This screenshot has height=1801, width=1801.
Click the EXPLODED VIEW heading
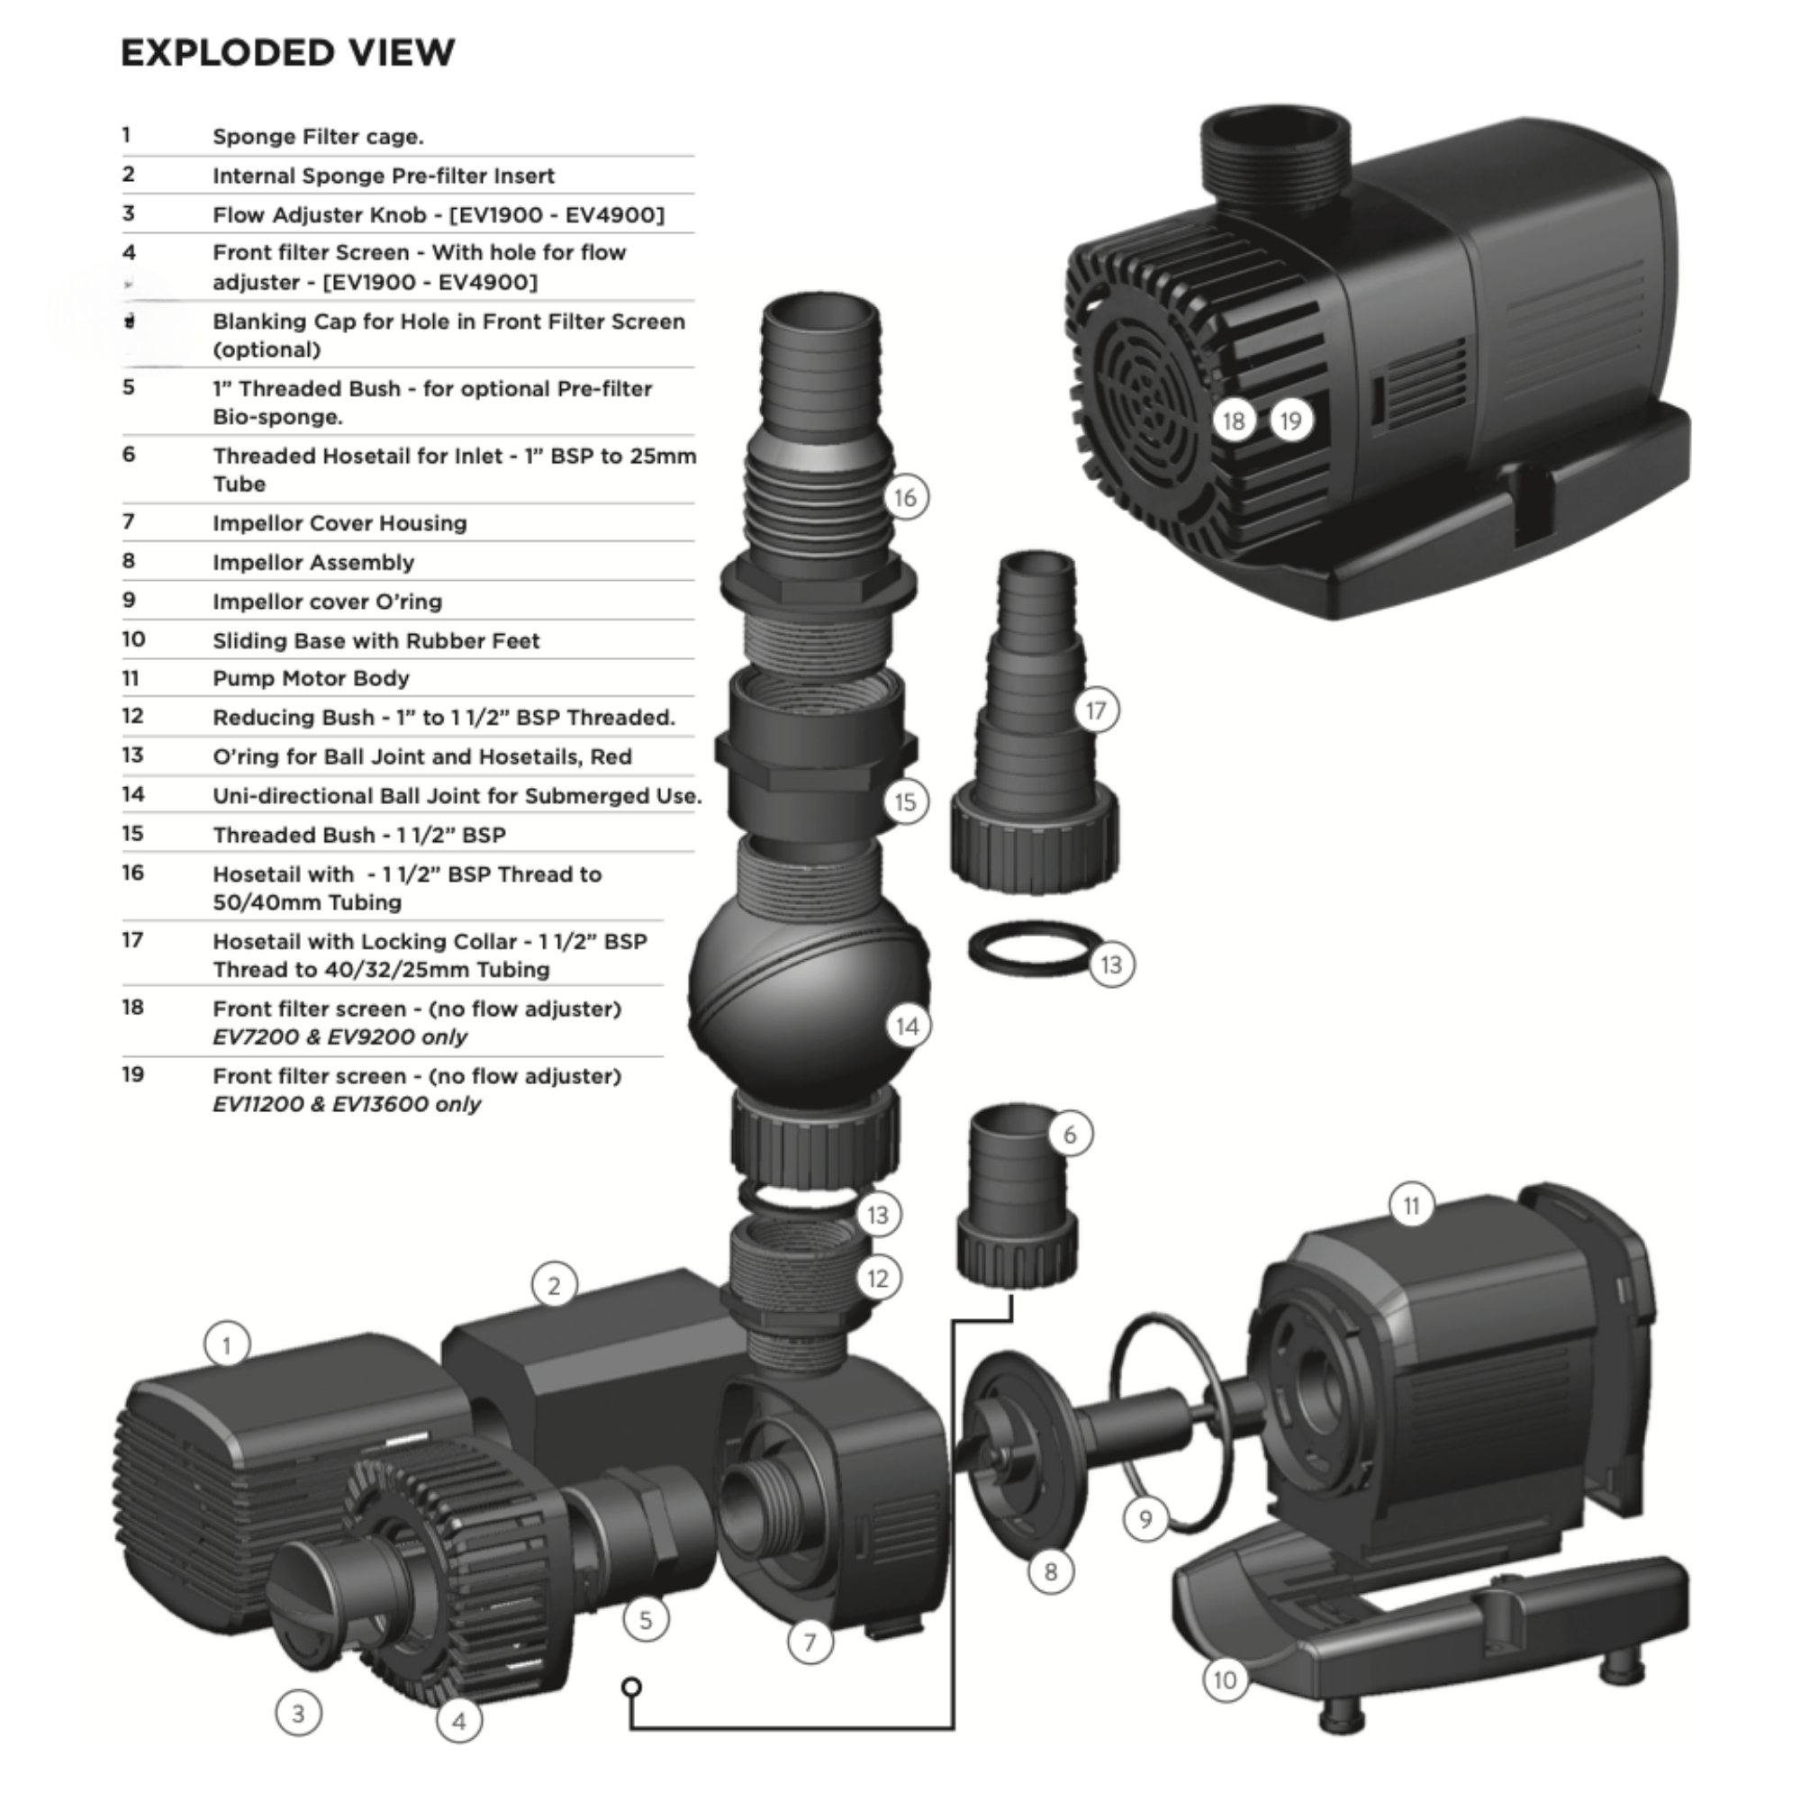[288, 53]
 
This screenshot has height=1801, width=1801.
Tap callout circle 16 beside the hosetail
[906, 498]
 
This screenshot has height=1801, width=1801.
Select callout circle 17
[1096, 711]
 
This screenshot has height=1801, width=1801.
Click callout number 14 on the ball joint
[908, 1027]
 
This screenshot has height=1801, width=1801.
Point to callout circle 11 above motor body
[1411, 1207]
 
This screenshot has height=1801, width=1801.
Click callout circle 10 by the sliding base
[1225, 1680]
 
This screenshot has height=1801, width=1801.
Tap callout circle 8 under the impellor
[1052, 1572]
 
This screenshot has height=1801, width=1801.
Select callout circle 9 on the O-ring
[1145, 1519]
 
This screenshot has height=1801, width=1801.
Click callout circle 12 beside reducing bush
[878, 1278]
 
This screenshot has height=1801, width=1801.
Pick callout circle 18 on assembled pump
[1234, 421]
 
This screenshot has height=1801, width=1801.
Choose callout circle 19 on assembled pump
[1291, 421]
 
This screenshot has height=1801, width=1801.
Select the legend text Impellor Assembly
[313, 563]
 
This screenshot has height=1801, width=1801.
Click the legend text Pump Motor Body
[311, 679]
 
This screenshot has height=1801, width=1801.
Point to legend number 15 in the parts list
[133, 833]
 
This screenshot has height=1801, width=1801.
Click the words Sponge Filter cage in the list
[318, 137]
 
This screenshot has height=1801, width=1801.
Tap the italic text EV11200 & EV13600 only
[346, 1105]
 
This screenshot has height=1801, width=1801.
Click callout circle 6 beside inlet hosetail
[1070, 1135]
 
